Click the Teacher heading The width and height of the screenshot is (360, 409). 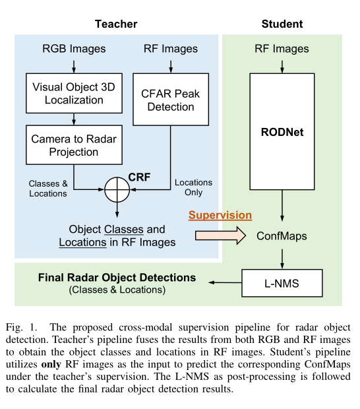pyautogui.click(x=116, y=24)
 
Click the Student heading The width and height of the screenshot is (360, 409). pyautogui.click(x=282, y=24)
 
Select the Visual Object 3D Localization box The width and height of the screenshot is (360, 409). pyautogui.click(x=73, y=93)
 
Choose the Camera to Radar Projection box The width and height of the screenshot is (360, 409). pyautogui.click(x=73, y=145)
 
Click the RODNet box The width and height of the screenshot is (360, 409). pyautogui.click(x=282, y=131)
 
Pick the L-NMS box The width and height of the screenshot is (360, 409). pyautogui.click(x=282, y=284)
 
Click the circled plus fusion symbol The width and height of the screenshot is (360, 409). pyautogui.click(x=116, y=190)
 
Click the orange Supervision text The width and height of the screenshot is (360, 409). pyautogui.click(x=220, y=215)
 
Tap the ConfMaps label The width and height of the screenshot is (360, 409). pyautogui.click(x=282, y=235)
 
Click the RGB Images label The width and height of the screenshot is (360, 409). pyautogui.click(x=74, y=49)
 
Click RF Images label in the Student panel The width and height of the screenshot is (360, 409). pyautogui.click(x=282, y=49)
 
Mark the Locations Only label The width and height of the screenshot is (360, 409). pyautogui.click(x=193, y=187)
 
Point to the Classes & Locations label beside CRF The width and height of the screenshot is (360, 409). pyautogui.click(x=48, y=189)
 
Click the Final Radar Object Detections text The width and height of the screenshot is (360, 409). pyautogui.click(x=117, y=277)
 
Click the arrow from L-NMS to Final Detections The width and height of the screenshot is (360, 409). pyautogui.click(x=224, y=284)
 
